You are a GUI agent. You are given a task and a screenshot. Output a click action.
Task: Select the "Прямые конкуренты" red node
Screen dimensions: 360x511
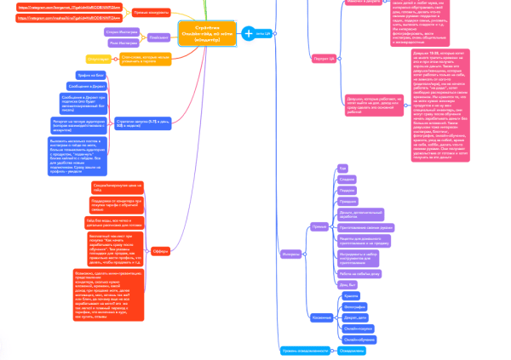152,13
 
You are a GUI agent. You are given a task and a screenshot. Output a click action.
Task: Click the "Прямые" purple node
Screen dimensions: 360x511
319,226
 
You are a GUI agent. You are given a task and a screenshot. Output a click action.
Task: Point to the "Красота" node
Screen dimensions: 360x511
350,294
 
